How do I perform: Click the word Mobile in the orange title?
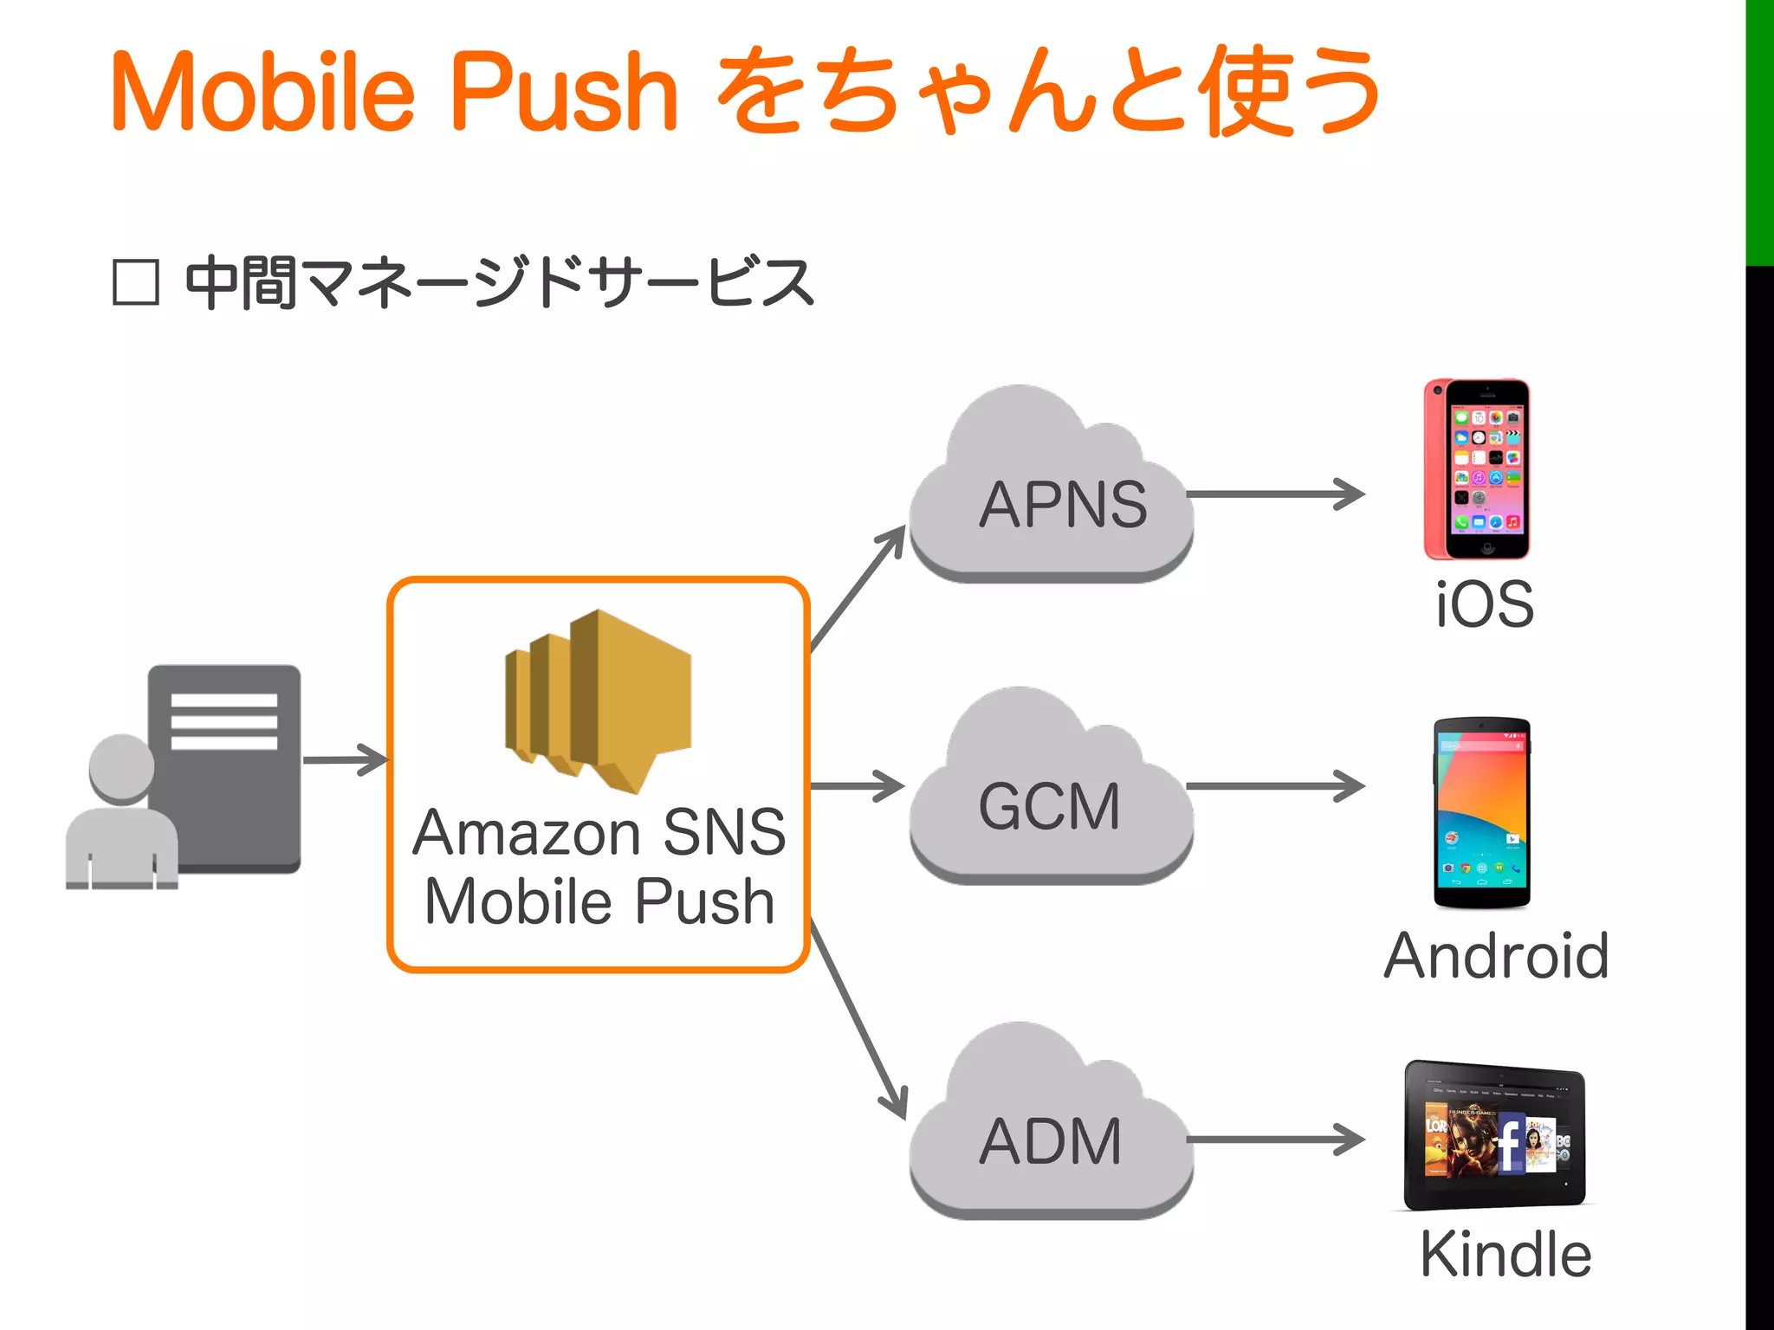pos(263,92)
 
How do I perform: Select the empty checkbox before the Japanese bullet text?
pos(136,282)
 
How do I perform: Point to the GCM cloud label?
pos(1049,806)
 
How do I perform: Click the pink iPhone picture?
pos(1477,469)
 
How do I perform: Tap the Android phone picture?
pos(1481,812)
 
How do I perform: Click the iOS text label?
pos(1485,604)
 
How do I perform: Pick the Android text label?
pos(1497,956)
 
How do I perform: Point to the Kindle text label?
pos(1505,1254)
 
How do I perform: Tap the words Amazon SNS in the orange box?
pos(599,833)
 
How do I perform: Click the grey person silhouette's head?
pos(122,767)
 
